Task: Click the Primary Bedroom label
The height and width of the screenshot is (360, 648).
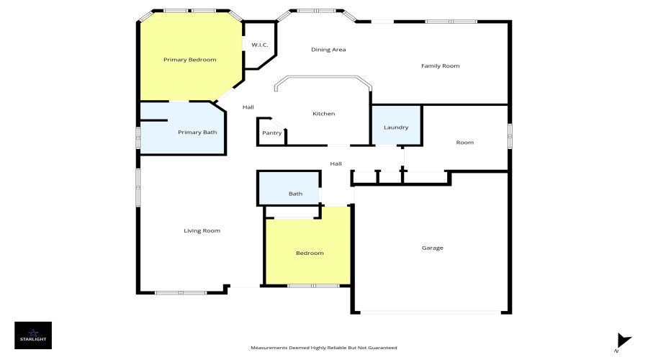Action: tap(189, 60)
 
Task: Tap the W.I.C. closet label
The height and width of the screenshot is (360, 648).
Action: tap(259, 45)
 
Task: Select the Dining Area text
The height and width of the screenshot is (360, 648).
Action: tap(328, 50)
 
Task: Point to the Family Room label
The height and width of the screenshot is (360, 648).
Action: tap(440, 66)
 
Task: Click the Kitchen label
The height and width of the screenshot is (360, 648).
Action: tap(323, 114)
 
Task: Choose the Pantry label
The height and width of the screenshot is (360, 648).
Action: tap(271, 133)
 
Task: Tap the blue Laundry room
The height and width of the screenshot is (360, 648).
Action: tap(396, 127)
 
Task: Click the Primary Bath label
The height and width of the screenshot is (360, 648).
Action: tap(197, 132)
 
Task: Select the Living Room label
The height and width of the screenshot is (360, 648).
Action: tap(202, 231)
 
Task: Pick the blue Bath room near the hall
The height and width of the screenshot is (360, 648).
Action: tap(295, 194)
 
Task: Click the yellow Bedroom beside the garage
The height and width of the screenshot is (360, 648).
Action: tap(310, 253)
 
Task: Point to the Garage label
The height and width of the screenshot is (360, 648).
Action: tap(432, 248)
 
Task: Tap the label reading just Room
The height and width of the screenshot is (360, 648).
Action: tap(464, 143)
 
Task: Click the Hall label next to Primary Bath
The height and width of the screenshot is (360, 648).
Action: tap(248, 107)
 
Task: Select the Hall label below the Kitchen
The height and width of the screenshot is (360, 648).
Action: tap(336, 164)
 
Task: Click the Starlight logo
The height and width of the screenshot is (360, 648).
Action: tap(33, 335)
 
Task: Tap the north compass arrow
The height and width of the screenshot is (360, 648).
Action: tap(624, 341)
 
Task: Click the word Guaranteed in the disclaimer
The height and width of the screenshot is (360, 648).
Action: tap(382, 348)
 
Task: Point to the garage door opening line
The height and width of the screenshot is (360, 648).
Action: tap(432, 312)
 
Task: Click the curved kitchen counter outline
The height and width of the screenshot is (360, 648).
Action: tap(323, 78)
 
